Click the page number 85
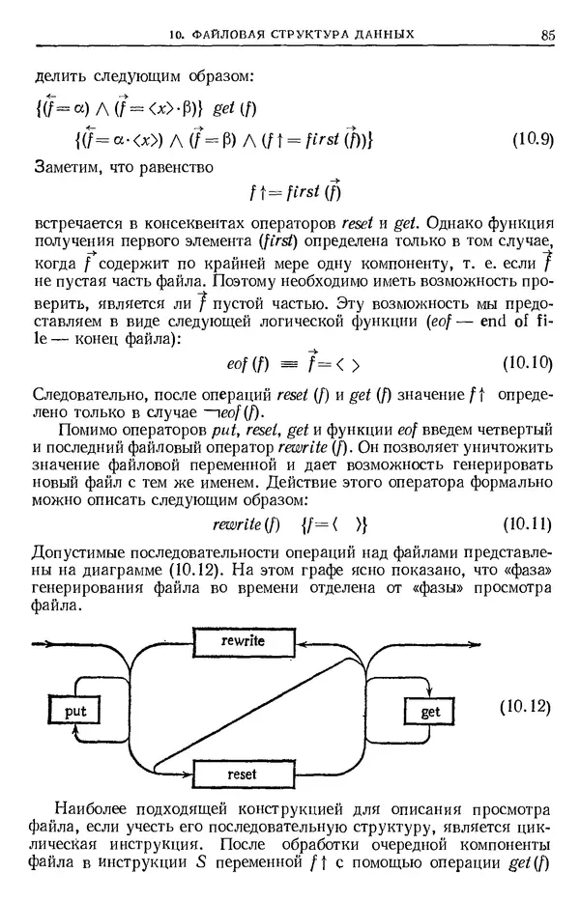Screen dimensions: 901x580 tap(547, 36)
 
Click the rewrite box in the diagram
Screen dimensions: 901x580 tap(243, 640)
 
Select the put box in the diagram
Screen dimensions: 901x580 tap(74, 712)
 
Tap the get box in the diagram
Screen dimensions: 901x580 tap(430, 712)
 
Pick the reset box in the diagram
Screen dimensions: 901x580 tap(242, 774)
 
